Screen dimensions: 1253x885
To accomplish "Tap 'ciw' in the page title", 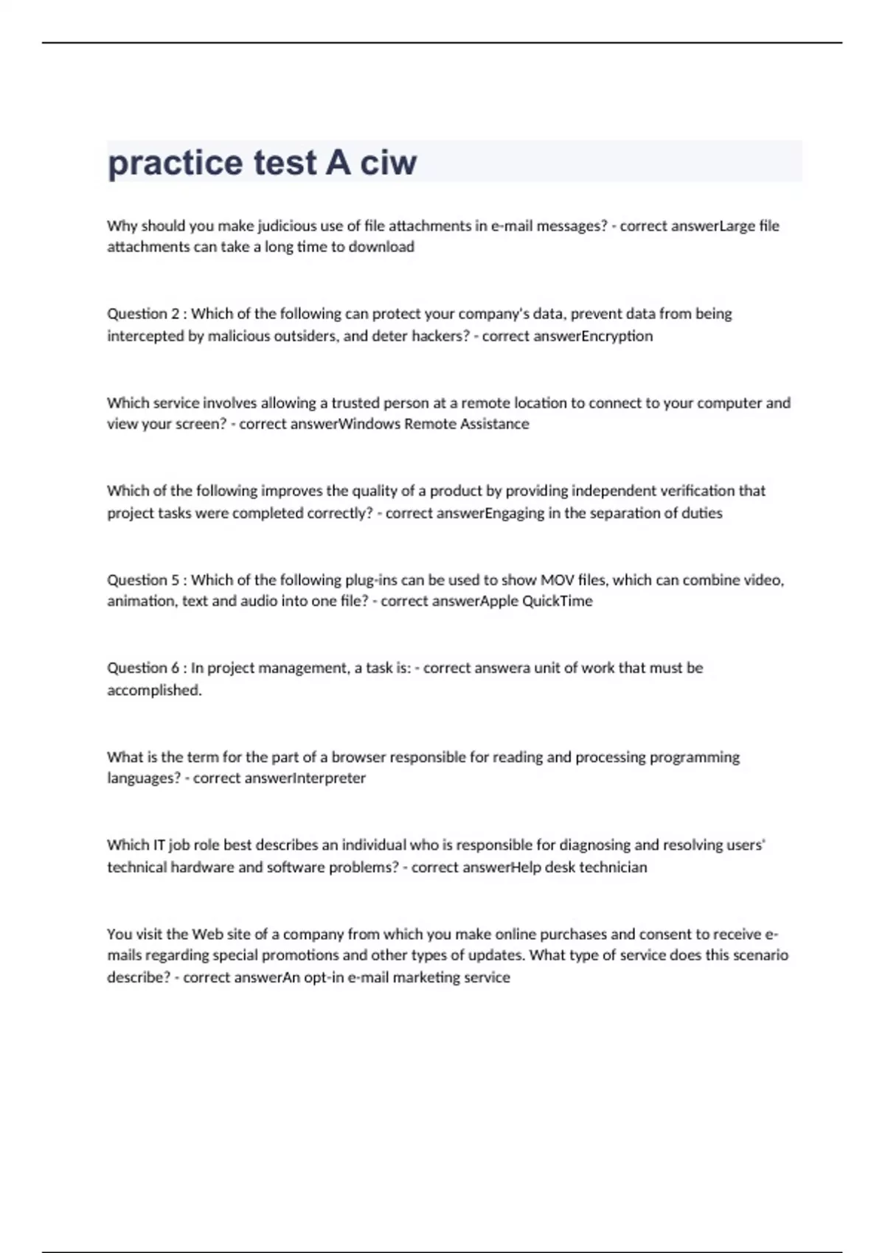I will pyautogui.click(x=388, y=163).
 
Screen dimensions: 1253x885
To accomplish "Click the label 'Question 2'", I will pyautogui.click(x=143, y=314).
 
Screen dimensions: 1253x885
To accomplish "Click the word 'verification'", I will pyautogui.click(x=695, y=491).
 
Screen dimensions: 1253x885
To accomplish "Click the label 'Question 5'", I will pyautogui.click(x=143, y=580).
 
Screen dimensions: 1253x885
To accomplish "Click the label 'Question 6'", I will pyautogui.click(x=143, y=668).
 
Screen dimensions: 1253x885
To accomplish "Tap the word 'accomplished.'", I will pyautogui.click(x=154, y=691).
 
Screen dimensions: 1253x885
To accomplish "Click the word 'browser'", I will pyautogui.click(x=358, y=757).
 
